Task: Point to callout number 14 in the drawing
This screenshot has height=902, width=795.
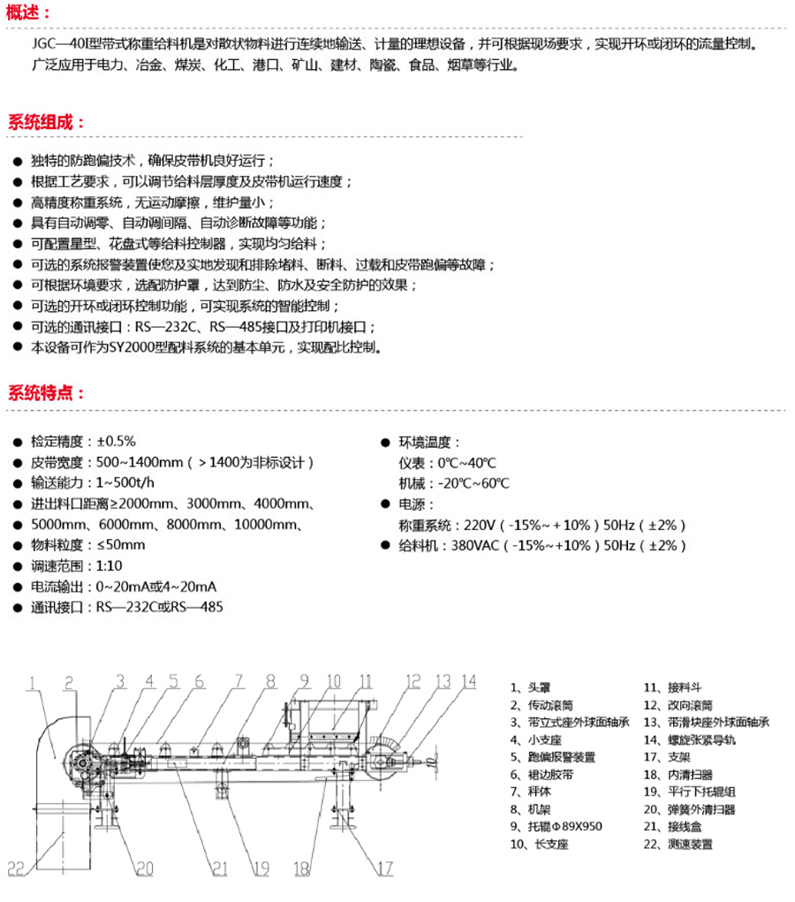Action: tap(468, 681)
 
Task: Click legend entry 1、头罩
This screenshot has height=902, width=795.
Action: tap(530, 686)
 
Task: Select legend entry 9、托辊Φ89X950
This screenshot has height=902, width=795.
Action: tap(556, 827)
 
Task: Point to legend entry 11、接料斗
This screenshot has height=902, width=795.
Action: tap(672, 686)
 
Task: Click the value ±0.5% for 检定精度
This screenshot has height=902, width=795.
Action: tap(116, 441)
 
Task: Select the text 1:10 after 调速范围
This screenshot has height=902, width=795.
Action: tap(110, 565)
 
